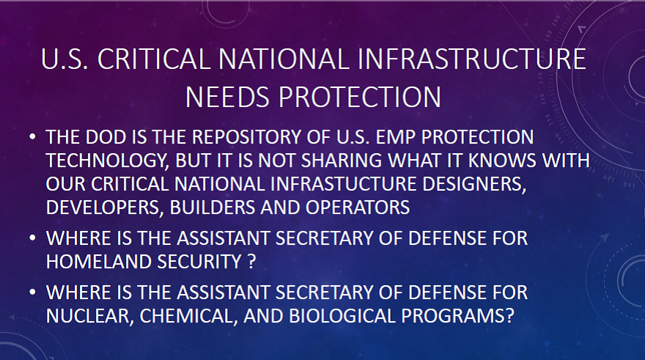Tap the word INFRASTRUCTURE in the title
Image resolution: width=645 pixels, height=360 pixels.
(472, 59)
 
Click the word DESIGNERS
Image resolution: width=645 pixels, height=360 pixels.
(474, 184)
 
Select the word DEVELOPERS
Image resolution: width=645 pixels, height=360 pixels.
(103, 207)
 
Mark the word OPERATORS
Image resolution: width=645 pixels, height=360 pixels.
(358, 207)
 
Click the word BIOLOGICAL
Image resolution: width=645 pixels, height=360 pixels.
(342, 315)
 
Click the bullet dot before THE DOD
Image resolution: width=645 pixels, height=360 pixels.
(32, 137)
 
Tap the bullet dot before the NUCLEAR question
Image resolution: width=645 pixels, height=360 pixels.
(32, 293)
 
